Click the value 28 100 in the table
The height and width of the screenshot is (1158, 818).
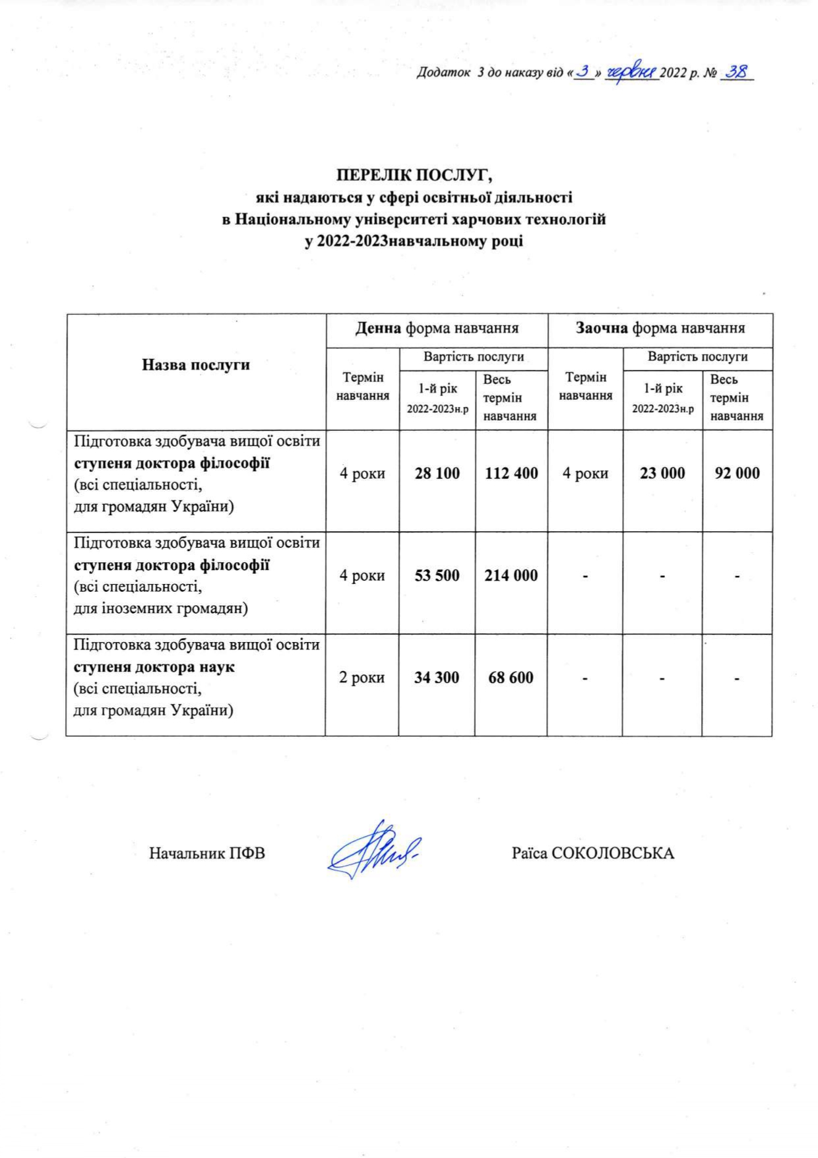[437, 473]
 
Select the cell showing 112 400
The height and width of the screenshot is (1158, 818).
[511, 473]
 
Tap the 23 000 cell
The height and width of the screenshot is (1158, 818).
[662, 473]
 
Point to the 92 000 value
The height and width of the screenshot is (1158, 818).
[737, 473]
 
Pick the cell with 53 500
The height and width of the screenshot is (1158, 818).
[437, 575]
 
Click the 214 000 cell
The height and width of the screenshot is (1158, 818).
[511, 575]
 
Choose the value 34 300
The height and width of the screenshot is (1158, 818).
[437, 678]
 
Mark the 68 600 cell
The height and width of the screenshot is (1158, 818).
[511, 678]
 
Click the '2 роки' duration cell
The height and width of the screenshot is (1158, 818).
[362, 678]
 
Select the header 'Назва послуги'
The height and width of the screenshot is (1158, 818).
[196, 365]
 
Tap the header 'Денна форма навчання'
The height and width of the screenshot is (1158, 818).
[437, 328]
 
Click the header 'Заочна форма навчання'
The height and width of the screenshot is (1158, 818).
[660, 328]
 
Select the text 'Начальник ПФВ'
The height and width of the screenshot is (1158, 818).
[207, 853]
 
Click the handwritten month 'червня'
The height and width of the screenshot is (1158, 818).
[632, 72]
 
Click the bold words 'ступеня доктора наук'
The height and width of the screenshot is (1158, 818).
[154, 667]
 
